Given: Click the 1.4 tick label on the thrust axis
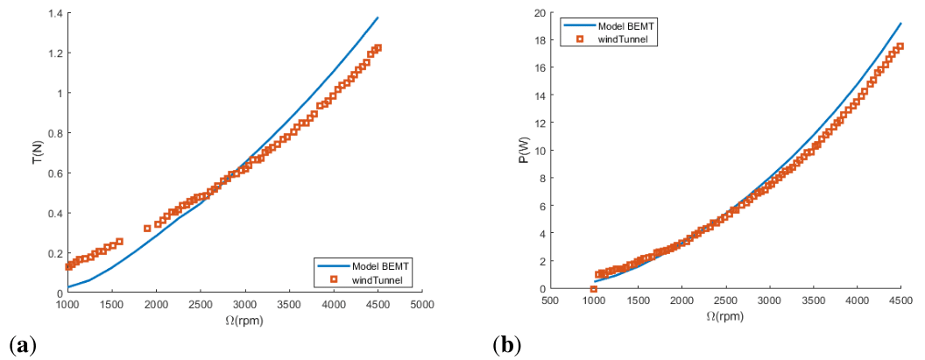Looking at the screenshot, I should [54, 14].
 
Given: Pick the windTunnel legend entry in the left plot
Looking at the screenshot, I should [373, 279].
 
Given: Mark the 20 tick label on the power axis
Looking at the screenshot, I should [539, 12].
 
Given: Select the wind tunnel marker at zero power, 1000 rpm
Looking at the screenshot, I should [594, 289].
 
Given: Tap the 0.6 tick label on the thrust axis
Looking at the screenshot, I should [54, 173].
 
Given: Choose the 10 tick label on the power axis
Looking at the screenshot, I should [539, 151].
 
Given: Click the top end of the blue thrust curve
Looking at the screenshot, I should [378, 18].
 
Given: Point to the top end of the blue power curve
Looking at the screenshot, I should [900, 24].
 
